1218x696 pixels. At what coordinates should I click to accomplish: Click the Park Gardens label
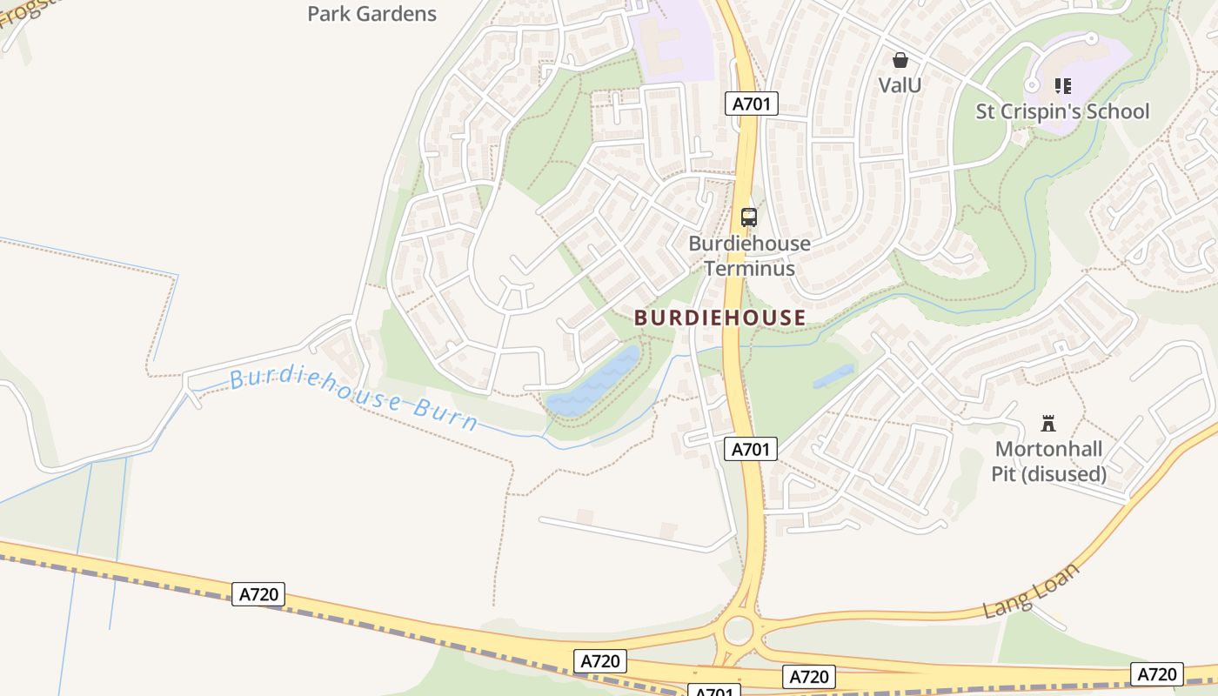click(x=371, y=14)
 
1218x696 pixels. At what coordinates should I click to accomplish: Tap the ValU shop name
click(x=900, y=84)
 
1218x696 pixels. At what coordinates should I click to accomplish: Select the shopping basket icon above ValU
click(x=900, y=60)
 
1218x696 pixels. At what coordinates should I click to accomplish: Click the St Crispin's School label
click(x=1062, y=111)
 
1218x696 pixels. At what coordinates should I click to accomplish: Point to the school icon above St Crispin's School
click(x=1062, y=85)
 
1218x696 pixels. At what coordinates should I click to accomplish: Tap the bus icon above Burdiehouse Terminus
click(x=748, y=217)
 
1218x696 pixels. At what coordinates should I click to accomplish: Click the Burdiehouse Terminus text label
click(x=749, y=256)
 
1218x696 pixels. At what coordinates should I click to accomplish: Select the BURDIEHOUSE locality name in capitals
click(x=719, y=318)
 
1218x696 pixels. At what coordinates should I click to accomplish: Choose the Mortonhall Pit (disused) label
click(x=1048, y=462)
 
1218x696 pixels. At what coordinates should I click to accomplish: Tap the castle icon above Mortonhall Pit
click(x=1048, y=424)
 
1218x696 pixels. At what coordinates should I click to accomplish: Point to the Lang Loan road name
click(x=1031, y=591)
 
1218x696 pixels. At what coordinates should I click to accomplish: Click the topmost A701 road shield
click(x=751, y=104)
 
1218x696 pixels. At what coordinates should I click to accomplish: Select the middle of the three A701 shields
click(x=750, y=449)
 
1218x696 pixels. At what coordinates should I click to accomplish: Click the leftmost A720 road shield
click(x=258, y=594)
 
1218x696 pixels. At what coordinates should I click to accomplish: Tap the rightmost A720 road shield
click(x=1157, y=673)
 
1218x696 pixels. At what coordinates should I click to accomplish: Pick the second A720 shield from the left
click(x=600, y=660)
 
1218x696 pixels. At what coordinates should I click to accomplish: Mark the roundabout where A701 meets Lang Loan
click(x=738, y=629)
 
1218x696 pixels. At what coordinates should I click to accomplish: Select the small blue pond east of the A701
click(x=833, y=376)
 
